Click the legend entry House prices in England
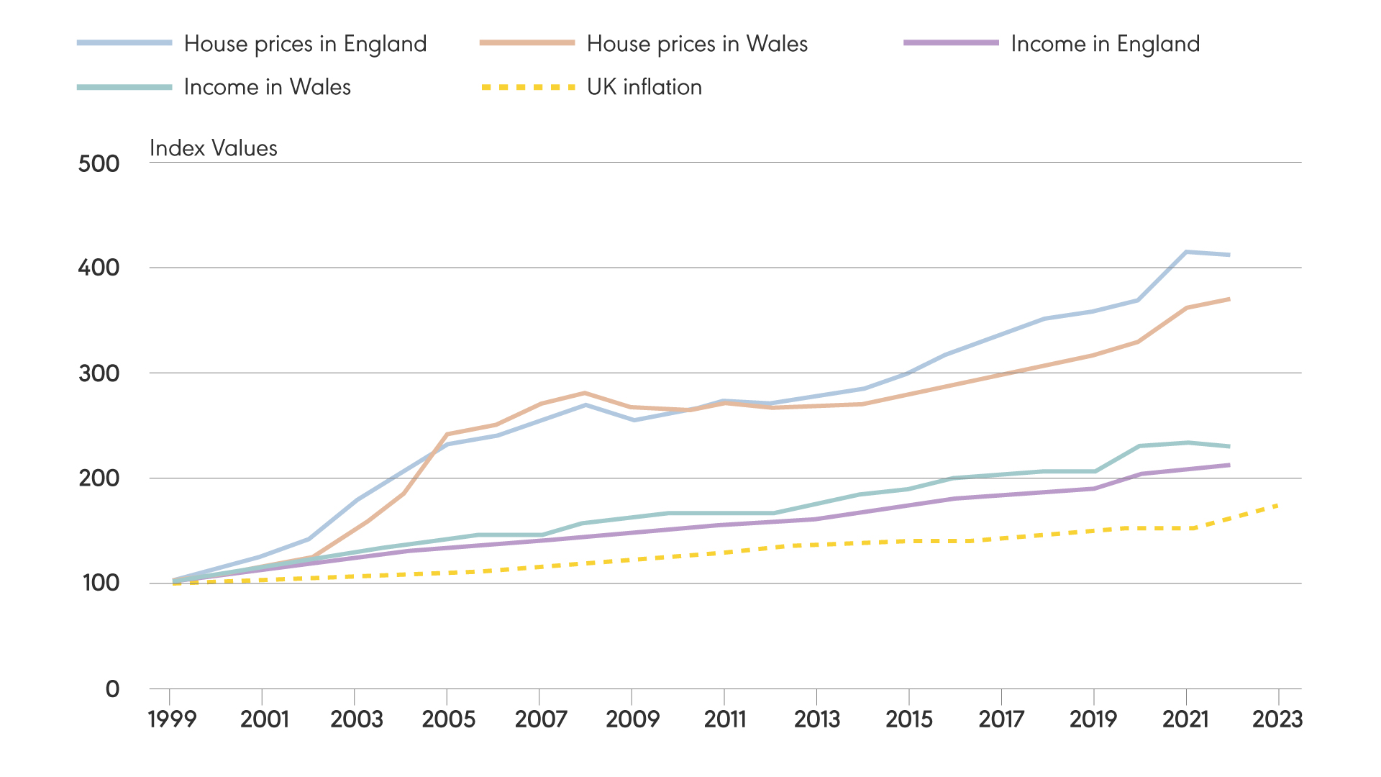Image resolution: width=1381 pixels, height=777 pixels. (305, 44)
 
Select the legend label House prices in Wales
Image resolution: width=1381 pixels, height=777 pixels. (696, 44)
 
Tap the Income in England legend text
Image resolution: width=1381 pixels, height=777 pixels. (1105, 44)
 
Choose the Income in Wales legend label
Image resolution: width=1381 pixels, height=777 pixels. (267, 87)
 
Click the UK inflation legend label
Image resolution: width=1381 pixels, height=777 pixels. (644, 87)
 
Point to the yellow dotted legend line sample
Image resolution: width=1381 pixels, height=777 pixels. (527, 87)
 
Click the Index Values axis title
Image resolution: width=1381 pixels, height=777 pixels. (213, 148)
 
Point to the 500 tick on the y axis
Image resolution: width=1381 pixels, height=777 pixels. (99, 164)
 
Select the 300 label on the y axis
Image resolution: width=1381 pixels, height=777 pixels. (99, 373)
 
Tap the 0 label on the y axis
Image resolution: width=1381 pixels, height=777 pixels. (112, 689)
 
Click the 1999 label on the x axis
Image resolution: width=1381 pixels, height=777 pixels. (171, 719)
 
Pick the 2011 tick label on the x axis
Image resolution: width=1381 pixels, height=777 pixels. (724, 719)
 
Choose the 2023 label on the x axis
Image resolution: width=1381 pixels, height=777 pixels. (1277, 719)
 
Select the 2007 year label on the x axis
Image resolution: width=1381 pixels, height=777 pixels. (540, 719)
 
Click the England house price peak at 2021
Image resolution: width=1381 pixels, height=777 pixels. (1185, 252)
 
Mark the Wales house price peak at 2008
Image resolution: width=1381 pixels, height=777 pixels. (585, 393)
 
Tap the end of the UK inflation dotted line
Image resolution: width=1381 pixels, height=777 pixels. (1277, 505)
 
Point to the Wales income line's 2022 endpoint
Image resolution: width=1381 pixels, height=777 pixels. (1229, 446)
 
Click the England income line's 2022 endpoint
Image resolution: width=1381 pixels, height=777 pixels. (1229, 465)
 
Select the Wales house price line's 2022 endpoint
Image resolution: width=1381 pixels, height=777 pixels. (1229, 299)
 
